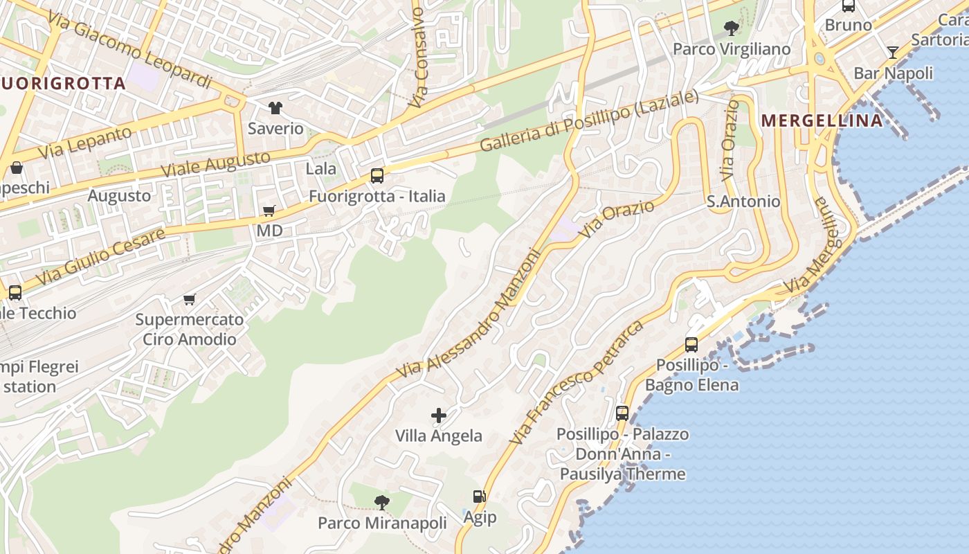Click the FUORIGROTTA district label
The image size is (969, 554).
coord(64,84)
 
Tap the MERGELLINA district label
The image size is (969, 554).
coord(822,120)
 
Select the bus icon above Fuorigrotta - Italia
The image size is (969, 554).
coord(377,176)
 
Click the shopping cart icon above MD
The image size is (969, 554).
coord(269,211)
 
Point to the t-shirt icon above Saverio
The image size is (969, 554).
coord(275,108)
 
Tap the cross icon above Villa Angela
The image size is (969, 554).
coord(439,415)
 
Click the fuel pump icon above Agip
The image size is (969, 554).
coord(479,497)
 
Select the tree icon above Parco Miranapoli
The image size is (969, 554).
coord(381,503)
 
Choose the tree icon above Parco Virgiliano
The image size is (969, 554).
coord(731,28)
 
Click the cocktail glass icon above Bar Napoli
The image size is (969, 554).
coord(893,53)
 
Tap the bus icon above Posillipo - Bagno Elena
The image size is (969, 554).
coord(691,344)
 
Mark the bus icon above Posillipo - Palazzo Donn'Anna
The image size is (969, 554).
coord(622,413)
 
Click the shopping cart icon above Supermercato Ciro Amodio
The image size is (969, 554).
coord(189,299)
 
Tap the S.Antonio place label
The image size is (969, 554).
coord(743,202)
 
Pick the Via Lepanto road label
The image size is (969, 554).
coord(84,142)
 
